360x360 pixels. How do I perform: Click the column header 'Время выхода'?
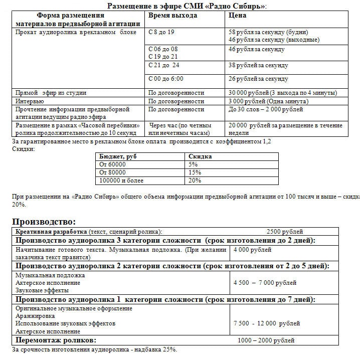173,16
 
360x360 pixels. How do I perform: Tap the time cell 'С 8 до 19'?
162,32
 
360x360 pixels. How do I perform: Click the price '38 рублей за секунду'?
258,65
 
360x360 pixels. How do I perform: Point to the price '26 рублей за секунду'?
258,79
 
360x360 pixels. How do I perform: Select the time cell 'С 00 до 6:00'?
166,79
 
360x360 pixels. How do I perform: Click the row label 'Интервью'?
30,101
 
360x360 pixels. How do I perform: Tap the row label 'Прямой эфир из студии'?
51,93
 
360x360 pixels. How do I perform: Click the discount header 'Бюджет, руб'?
117,156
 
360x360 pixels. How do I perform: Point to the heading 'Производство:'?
44,221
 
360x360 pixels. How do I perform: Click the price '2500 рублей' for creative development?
284,232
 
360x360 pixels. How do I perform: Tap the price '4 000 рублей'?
252,249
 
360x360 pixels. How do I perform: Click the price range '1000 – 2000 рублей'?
266,340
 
